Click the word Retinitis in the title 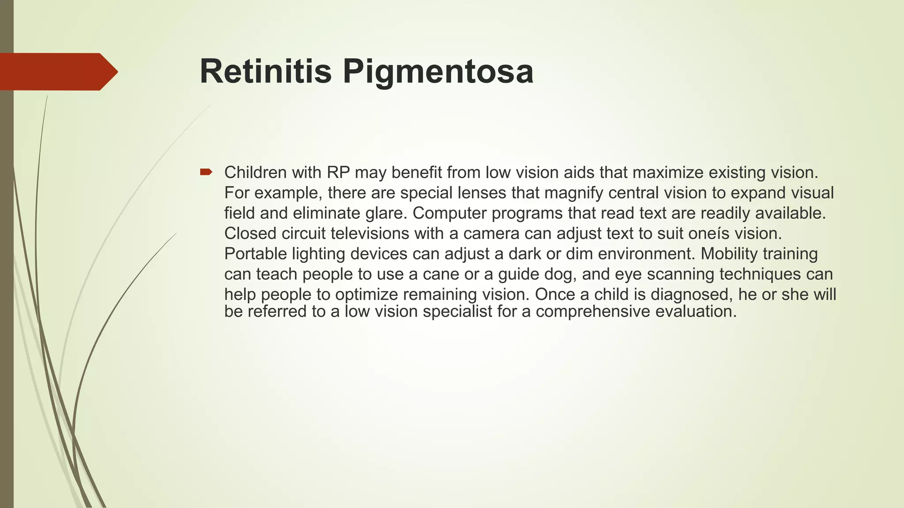pyautogui.click(x=265, y=71)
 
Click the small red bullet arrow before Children pyautogui.click(x=206, y=172)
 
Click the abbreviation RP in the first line pyautogui.click(x=338, y=172)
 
